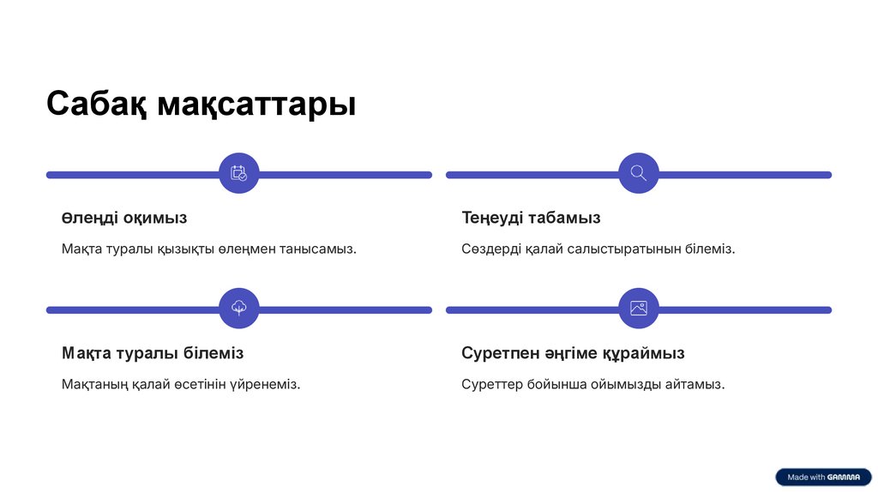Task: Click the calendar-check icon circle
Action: pos(238,173)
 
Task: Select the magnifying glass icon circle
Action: pos(639,173)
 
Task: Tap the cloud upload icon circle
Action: pos(238,309)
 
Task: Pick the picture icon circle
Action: pos(639,309)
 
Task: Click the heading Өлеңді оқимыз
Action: pos(124,218)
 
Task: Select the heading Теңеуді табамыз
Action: pos(531,218)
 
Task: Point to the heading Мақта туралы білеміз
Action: pos(153,353)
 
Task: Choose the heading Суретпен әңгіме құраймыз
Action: pos(573,353)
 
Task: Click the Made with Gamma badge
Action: pos(823,477)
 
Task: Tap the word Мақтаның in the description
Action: pos(94,385)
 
